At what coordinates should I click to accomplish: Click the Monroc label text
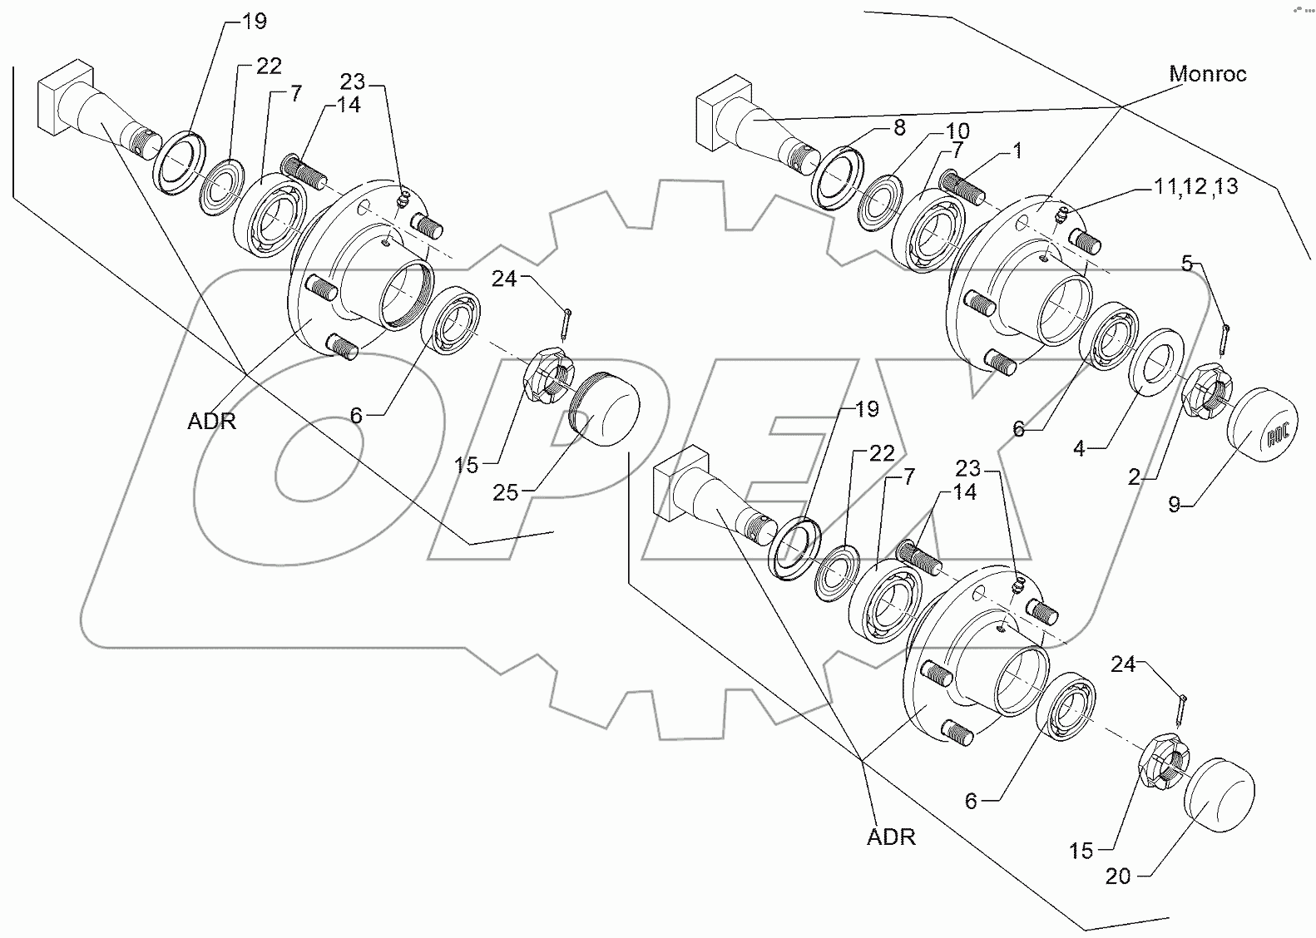1208,74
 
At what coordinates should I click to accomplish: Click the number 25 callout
505,493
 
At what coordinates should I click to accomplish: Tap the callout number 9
1174,504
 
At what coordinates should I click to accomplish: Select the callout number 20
1119,876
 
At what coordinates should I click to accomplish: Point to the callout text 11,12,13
1195,187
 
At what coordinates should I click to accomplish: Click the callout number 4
1079,449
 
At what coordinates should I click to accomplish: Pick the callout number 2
1134,477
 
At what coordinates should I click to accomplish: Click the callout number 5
1187,264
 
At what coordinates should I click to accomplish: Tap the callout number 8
898,127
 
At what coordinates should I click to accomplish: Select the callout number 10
957,131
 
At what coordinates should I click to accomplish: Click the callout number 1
1017,151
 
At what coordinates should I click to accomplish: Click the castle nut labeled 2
1205,392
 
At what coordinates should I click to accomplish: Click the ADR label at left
211,422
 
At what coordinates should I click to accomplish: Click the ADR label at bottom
891,837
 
